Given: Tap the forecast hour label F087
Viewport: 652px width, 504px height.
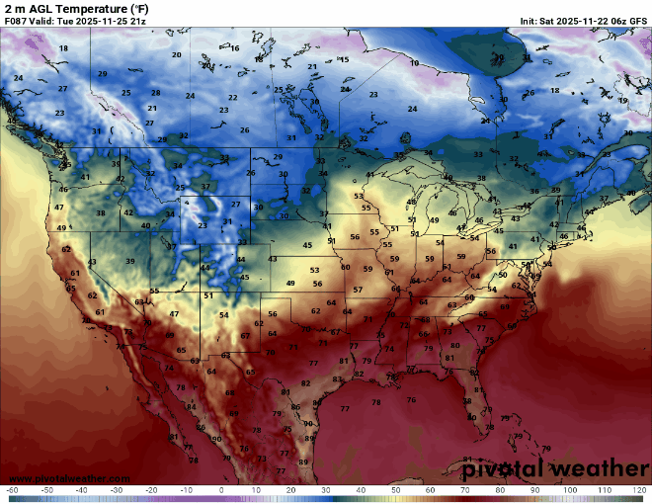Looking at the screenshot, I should coord(15,20).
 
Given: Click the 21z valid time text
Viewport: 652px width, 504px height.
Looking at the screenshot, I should coord(130,20).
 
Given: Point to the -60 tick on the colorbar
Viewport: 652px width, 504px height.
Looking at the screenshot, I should coord(12,490).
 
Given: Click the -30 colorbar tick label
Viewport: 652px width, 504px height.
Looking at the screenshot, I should coord(117,490).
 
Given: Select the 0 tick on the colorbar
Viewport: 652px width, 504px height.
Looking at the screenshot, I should coord(221,490).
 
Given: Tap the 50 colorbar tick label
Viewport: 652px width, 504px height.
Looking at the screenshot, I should coord(395,490).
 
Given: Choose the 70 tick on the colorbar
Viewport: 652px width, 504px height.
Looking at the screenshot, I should coord(465,490).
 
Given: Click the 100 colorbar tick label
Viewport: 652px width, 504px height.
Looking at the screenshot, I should coord(570,490).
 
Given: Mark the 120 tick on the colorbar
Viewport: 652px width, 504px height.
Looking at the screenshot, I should coord(639,490).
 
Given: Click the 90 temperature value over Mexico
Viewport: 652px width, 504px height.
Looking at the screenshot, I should coord(215,439).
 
